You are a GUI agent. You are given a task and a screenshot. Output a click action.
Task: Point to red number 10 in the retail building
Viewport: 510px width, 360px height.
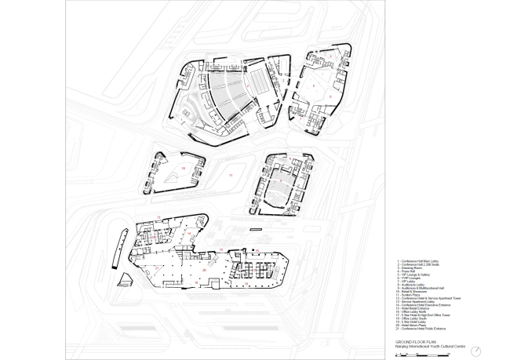183,167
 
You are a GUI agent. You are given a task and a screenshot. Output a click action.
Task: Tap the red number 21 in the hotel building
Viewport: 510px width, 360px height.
158,268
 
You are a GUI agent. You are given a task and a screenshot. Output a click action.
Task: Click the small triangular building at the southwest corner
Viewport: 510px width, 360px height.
126,281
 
